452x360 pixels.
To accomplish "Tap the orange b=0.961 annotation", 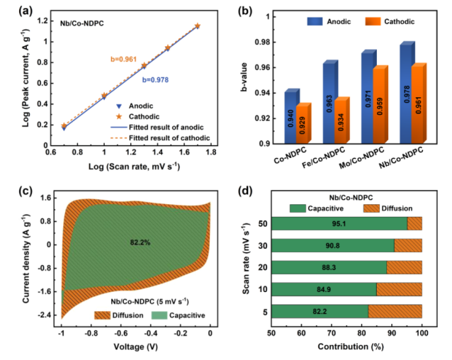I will tap(125, 60).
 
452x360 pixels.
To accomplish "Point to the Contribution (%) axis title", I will tap(347, 347).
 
